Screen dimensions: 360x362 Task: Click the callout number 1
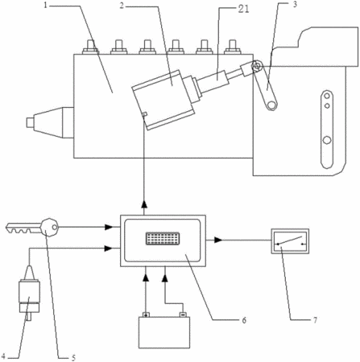(46, 6)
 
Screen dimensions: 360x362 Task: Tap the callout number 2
(122, 6)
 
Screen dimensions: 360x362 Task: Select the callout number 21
(243, 9)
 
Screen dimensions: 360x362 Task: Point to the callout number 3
(295, 5)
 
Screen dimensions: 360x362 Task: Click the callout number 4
(3, 356)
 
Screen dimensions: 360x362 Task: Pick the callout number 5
(73, 357)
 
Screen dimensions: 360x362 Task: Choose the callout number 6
(244, 320)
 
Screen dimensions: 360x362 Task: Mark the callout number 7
(315, 320)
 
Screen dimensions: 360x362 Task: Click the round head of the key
(49, 228)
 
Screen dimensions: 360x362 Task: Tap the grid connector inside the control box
(163, 238)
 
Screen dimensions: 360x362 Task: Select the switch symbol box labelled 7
(290, 241)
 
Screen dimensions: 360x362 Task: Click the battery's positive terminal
(146, 315)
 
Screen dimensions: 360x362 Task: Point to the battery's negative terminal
(183, 315)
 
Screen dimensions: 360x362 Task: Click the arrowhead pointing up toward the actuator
(144, 204)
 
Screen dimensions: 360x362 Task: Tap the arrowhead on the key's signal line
(109, 227)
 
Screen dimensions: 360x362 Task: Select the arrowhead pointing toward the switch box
(218, 240)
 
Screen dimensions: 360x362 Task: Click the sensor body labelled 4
(29, 293)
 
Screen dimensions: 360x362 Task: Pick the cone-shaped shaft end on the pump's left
(50, 122)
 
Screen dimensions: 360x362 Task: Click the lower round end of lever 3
(272, 105)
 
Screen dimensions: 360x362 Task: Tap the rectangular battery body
(164, 332)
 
